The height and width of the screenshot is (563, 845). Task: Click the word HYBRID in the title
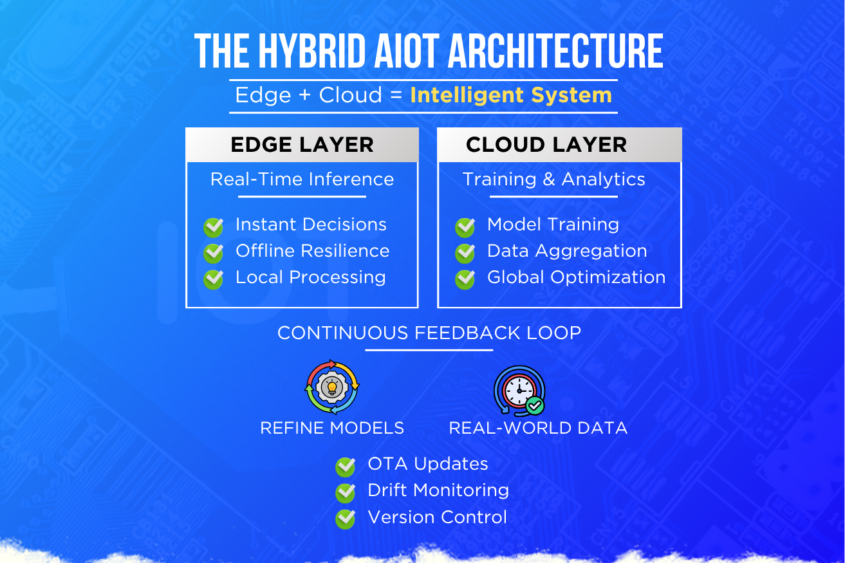click(x=312, y=51)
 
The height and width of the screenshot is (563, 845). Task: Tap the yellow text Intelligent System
click(x=511, y=95)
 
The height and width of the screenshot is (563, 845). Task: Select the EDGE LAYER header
click(x=302, y=145)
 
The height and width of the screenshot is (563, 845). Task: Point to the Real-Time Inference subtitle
click(x=302, y=179)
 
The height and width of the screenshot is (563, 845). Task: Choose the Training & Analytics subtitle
click(x=553, y=179)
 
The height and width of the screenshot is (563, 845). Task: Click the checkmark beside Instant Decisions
click(x=213, y=227)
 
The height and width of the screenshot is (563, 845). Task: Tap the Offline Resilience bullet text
click(x=312, y=251)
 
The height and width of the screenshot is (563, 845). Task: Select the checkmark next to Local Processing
click(x=213, y=279)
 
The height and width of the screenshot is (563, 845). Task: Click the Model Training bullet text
click(x=553, y=225)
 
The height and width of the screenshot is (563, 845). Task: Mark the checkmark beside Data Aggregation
click(x=465, y=254)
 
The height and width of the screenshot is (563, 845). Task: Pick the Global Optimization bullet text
click(x=577, y=277)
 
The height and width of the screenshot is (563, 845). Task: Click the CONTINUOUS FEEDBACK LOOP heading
click(x=429, y=333)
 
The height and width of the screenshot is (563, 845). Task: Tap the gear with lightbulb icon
click(x=332, y=387)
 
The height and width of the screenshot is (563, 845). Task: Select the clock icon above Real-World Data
click(x=520, y=391)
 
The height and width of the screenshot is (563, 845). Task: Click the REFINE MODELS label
click(x=332, y=428)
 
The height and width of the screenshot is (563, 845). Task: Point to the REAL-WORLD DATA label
click(x=538, y=428)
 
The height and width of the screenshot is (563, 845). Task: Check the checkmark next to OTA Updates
click(x=345, y=467)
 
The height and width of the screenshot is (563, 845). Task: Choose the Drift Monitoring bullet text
click(x=438, y=490)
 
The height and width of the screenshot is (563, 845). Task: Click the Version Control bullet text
click(x=437, y=517)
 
